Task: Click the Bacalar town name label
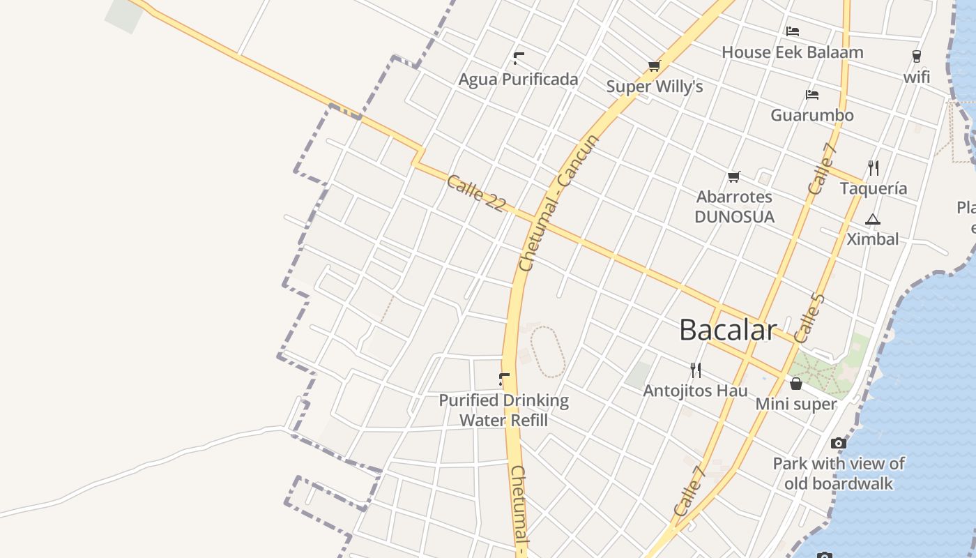tap(728, 330)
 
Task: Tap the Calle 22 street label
tap(475, 193)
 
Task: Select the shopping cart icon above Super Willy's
tap(654, 66)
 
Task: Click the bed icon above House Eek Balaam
tap(793, 31)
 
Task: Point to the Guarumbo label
tap(811, 115)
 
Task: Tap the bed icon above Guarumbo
tap(811, 95)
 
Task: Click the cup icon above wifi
tap(916, 56)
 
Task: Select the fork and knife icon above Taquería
tap(873, 167)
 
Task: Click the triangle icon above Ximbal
tap(872, 220)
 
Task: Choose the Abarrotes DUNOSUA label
tap(734, 206)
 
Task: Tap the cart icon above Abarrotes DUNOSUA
tap(733, 177)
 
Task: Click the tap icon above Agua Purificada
tap(519, 59)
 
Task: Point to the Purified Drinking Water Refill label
tap(503, 410)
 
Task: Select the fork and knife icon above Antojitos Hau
tap(695, 370)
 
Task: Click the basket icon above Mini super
tap(795, 384)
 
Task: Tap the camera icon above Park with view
tap(839, 443)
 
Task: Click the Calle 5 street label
tap(809, 318)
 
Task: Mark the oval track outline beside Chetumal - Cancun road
tap(547, 352)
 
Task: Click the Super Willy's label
tap(654, 87)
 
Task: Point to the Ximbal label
tap(872, 239)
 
